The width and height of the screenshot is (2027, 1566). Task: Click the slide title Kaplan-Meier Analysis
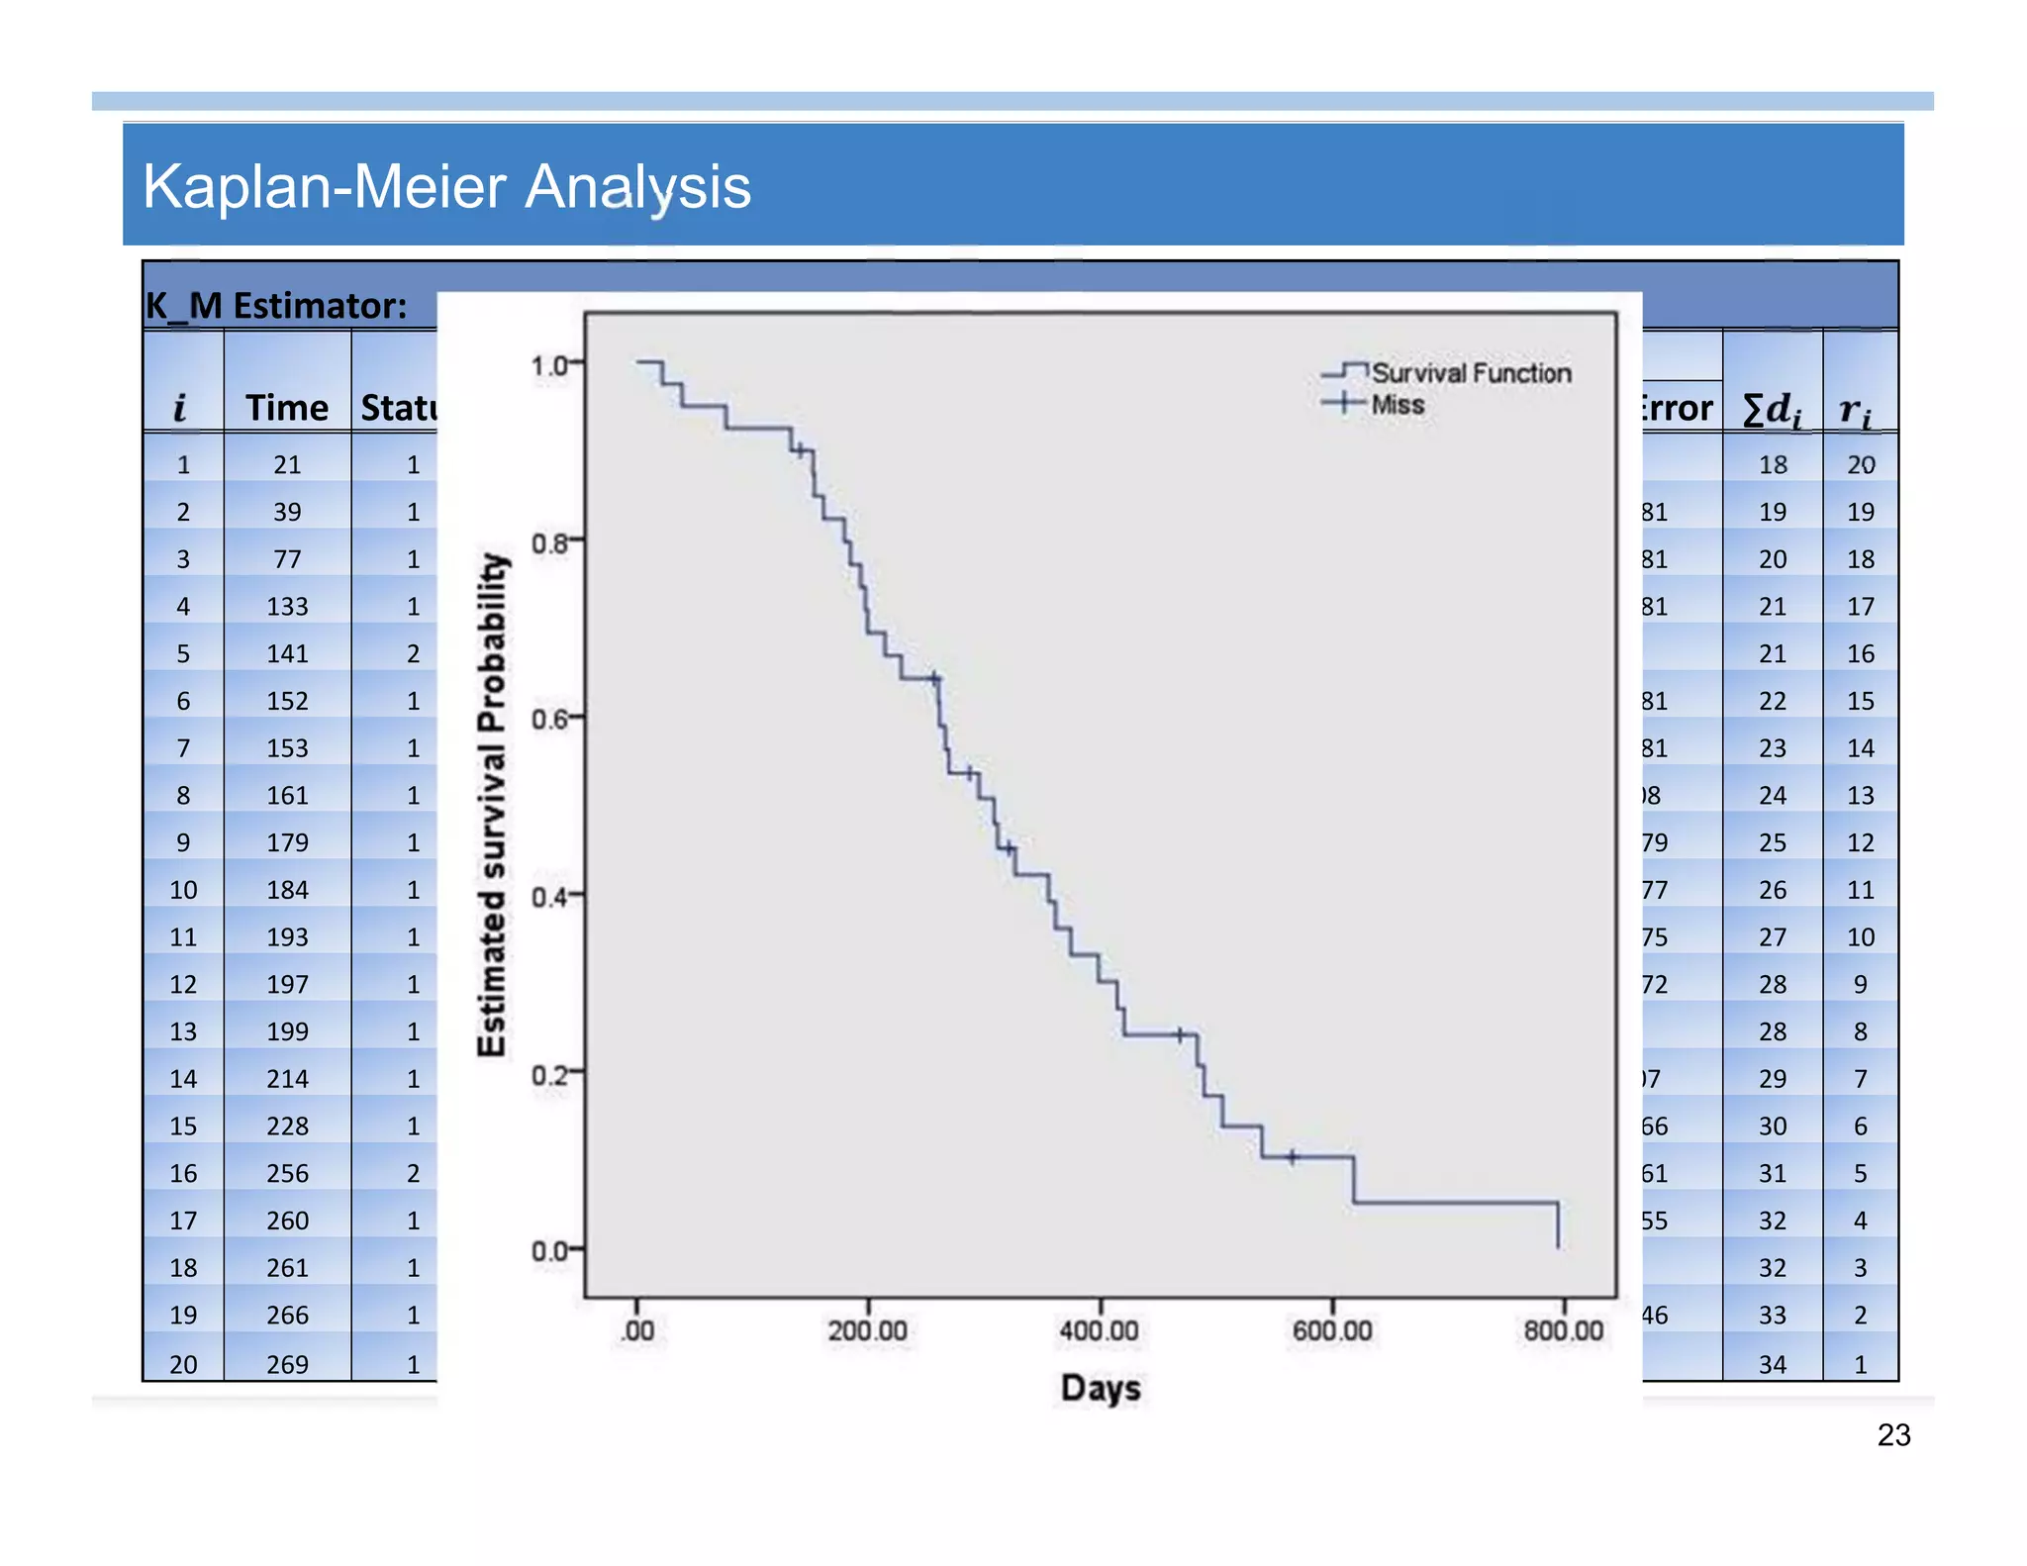point(446,186)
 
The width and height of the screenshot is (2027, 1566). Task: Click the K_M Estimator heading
point(276,306)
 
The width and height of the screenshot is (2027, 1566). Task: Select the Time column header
point(286,408)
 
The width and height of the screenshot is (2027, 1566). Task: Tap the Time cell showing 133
point(287,607)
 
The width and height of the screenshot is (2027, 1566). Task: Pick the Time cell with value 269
point(287,1364)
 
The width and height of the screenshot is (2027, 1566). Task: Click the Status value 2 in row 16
point(413,1174)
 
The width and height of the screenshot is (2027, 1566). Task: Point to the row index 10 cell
point(183,890)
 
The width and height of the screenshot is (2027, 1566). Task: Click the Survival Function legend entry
point(1470,373)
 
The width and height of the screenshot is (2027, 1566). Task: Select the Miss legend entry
point(1397,405)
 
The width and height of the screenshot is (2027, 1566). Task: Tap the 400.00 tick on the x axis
point(1099,1330)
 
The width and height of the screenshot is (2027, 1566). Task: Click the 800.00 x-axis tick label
point(1563,1330)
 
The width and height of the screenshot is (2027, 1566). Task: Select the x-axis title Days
point(1100,1388)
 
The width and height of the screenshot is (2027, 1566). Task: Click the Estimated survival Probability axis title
point(492,804)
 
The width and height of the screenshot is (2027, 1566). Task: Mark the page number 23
point(1892,1435)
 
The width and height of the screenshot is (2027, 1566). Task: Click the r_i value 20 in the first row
point(1860,465)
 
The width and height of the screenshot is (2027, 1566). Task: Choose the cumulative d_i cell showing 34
point(1772,1364)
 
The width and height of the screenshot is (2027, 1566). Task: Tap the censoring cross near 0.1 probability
point(1292,1156)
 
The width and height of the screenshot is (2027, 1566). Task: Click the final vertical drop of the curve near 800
point(1558,1225)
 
